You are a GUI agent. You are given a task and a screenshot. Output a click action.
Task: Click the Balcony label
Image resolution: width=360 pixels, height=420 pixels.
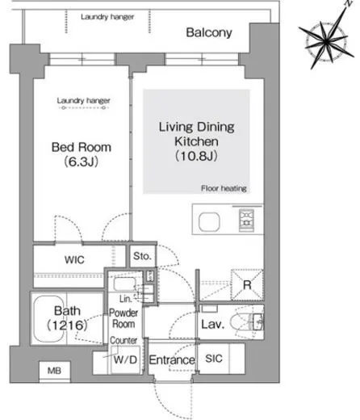(209, 32)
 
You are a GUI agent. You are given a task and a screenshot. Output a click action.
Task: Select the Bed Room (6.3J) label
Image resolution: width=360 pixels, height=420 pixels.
(82, 154)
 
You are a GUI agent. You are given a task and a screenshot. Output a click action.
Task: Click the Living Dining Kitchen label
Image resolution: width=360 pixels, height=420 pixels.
(196, 134)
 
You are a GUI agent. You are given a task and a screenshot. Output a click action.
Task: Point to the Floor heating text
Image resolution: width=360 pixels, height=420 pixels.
(224, 188)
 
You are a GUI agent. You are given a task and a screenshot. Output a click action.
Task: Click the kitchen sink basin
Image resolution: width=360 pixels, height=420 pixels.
(209, 221)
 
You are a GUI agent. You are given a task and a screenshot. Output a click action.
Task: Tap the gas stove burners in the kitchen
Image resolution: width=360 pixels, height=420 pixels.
(246, 220)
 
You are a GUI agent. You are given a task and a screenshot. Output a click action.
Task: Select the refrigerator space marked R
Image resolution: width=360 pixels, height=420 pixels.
(247, 284)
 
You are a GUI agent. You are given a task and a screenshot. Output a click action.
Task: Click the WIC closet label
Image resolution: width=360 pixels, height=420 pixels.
(74, 260)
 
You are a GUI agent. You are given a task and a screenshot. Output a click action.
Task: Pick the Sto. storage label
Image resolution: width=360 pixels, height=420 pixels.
(142, 256)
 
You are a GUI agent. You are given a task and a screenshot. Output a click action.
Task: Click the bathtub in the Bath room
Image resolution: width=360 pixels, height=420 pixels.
(49, 319)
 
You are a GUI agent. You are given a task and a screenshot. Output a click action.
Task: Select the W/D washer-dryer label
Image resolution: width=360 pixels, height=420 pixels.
(125, 359)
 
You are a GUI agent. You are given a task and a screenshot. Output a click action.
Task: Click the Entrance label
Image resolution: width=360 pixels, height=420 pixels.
(172, 360)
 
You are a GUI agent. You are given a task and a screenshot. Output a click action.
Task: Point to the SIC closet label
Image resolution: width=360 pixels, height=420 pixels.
(214, 359)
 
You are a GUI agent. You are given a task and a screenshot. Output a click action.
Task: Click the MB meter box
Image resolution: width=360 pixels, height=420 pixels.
(55, 372)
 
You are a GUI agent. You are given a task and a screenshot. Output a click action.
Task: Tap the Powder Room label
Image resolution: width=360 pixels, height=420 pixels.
(123, 318)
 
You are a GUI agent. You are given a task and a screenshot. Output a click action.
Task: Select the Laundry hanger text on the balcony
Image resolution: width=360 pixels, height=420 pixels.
(107, 17)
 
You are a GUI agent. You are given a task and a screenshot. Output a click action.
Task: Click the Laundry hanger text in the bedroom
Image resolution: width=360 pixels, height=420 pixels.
(83, 101)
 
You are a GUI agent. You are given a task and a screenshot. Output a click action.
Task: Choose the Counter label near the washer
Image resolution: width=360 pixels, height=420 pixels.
(123, 340)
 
